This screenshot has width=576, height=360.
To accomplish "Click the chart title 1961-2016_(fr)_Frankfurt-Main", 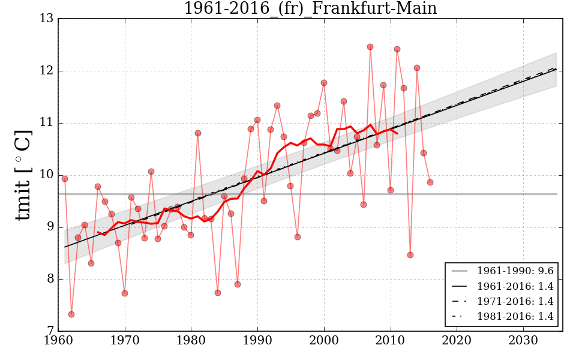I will [310, 8].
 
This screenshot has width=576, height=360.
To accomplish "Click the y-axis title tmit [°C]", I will [23, 175].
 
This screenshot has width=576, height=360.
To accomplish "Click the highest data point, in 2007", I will [370, 47].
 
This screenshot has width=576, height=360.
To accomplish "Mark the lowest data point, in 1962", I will [71, 314].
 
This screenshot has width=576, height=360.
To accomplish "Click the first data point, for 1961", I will [65, 179].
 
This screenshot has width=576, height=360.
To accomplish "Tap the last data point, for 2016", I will [430, 182].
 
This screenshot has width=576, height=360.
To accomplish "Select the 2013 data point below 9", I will [410, 255].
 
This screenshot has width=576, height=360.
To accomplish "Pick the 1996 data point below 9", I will [298, 237].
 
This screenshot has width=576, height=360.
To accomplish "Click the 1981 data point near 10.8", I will [198, 133].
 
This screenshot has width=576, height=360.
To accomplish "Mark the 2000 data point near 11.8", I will [324, 83].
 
